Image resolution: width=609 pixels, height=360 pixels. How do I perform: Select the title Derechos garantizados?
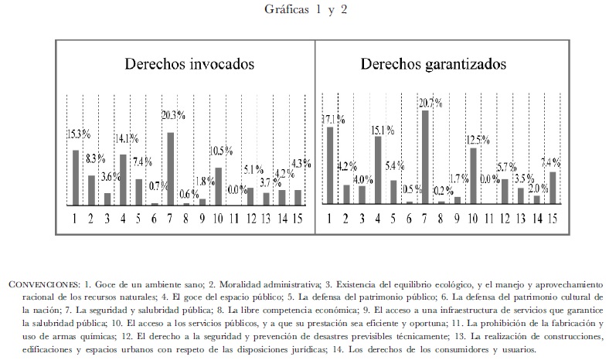pos(433,64)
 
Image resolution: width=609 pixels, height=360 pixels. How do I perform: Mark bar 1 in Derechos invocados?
pos(76,177)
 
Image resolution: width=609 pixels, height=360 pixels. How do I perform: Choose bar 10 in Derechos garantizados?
pos(473,175)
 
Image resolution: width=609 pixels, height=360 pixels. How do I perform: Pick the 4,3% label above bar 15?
pos(300,164)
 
